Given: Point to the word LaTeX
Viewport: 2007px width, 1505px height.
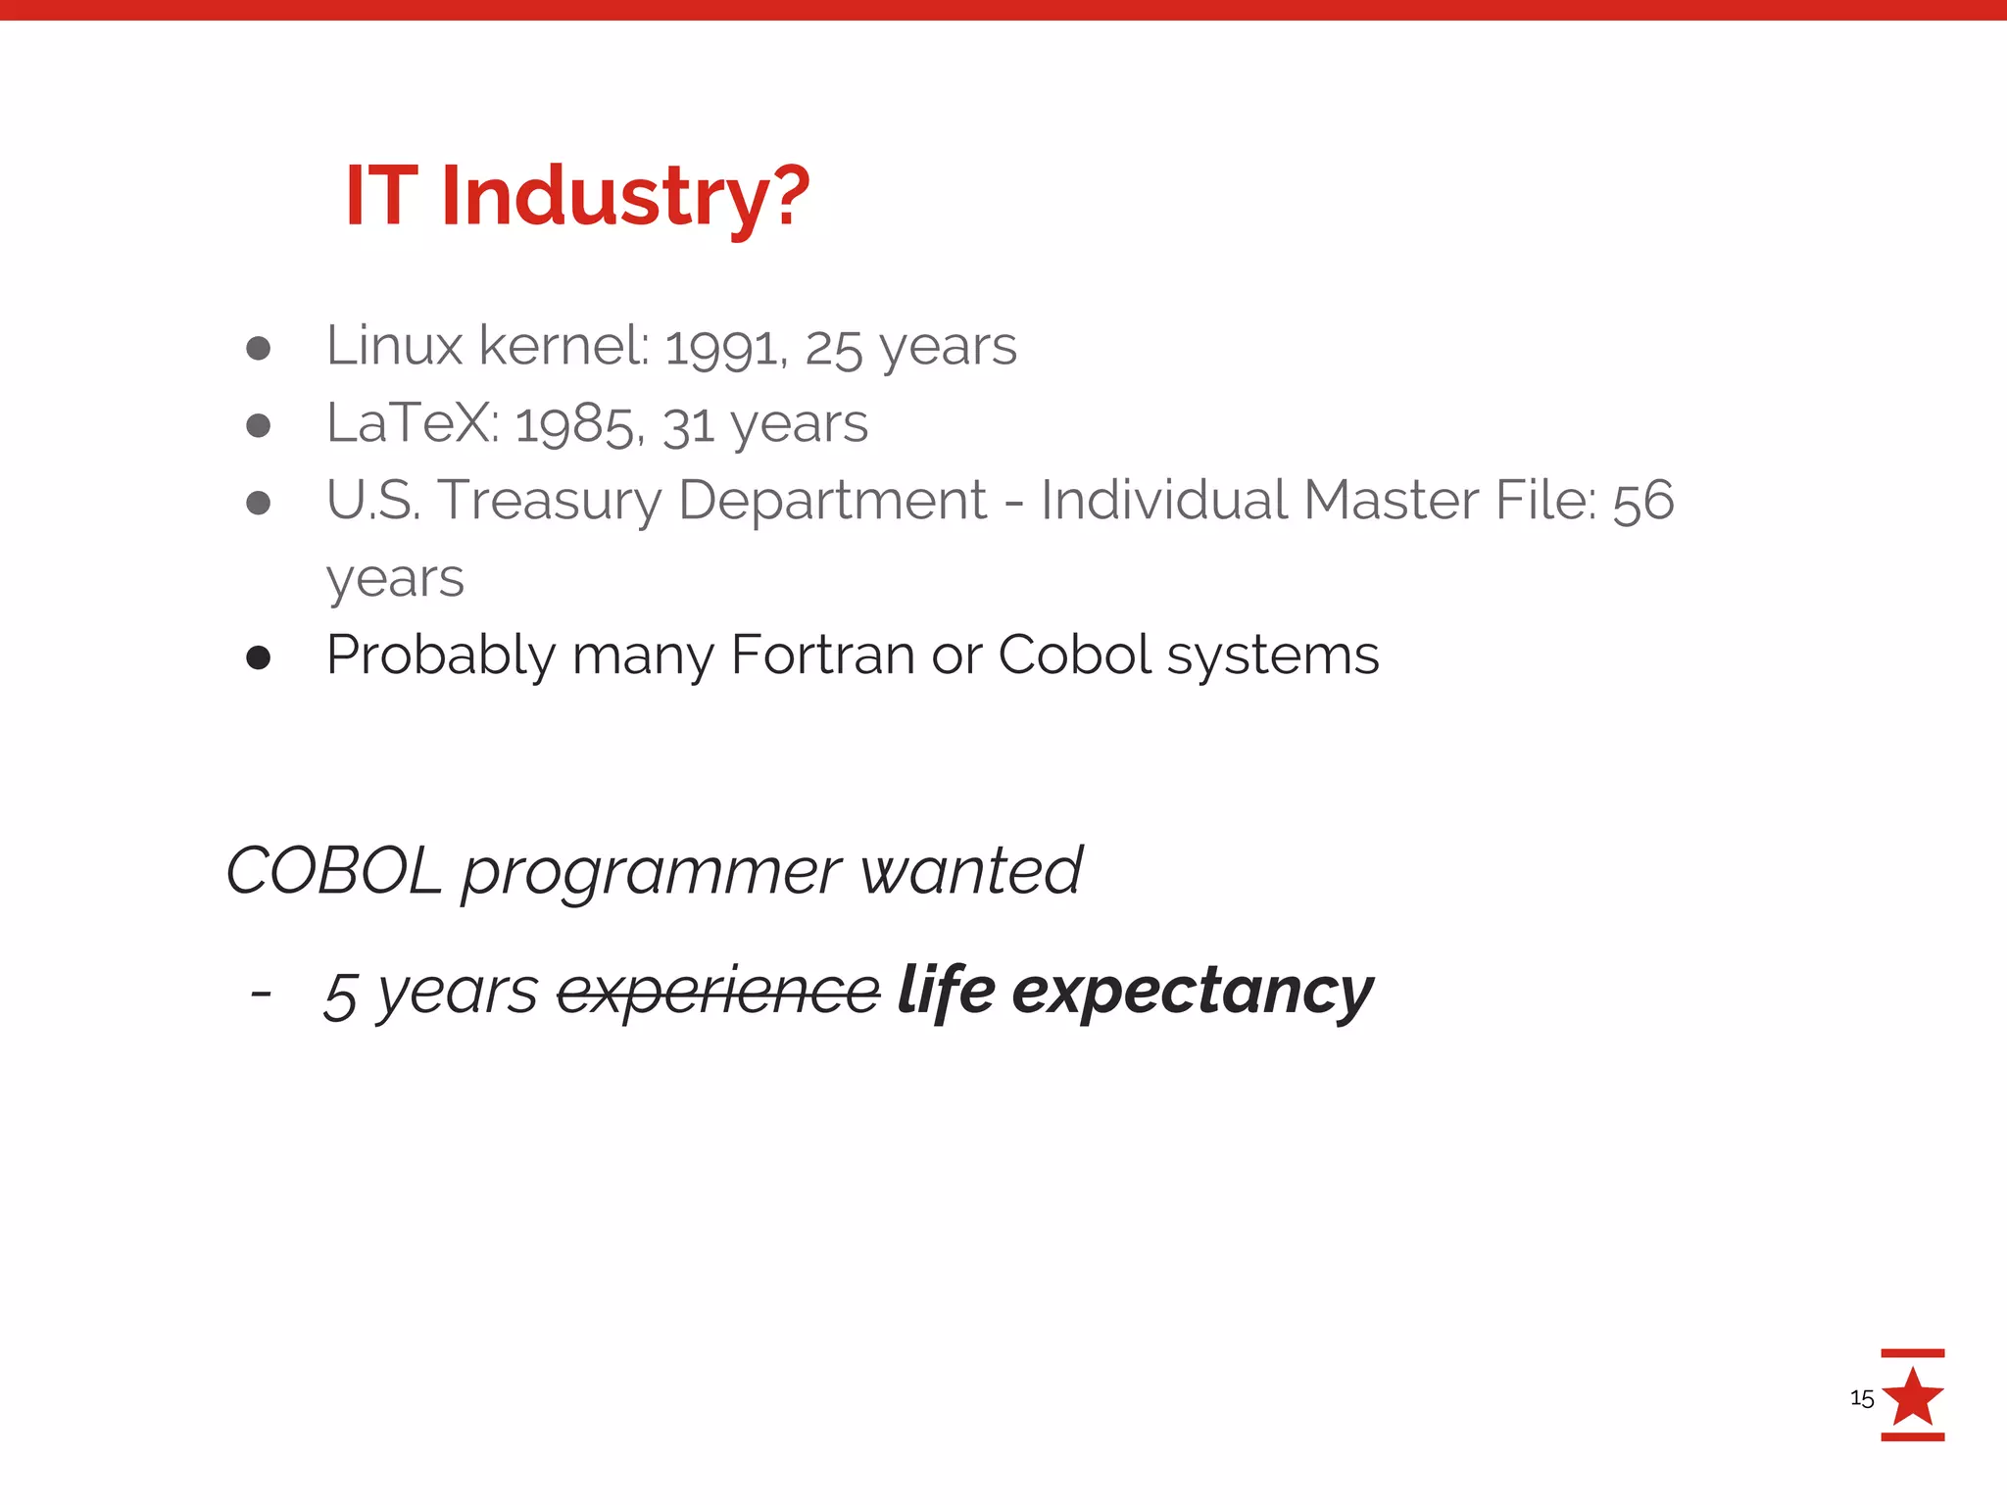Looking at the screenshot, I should (x=411, y=423).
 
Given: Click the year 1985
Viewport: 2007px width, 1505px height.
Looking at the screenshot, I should (x=577, y=425).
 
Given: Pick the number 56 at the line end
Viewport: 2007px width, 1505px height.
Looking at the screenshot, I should (x=1642, y=501).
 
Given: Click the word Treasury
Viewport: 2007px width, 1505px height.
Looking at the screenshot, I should (x=550, y=501).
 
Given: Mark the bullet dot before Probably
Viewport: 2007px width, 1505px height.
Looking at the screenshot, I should (x=258, y=657).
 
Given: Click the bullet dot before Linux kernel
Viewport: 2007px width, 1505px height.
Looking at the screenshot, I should (x=258, y=348).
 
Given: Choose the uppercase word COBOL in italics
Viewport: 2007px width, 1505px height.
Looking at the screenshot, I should (x=334, y=870).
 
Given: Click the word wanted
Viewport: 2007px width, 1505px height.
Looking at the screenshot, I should (x=970, y=870).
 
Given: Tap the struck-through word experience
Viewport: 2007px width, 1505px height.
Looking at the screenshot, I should (x=718, y=992).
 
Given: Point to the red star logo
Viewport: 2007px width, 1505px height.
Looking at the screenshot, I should (x=1912, y=1396).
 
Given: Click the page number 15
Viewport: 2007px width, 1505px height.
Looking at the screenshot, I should (x=1861, y=1398).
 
